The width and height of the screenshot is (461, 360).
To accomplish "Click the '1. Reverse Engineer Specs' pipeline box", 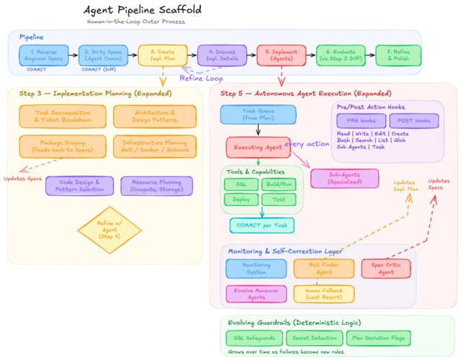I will click(x=44, y=55).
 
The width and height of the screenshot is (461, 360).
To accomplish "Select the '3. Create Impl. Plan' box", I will click(x=162, y=55).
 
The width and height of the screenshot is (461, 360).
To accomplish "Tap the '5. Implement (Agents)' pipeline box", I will click(x=281, y=55).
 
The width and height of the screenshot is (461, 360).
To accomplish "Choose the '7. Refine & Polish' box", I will click(x=398, y=55).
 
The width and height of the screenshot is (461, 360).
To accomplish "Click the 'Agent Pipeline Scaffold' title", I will click(x=142, y=11).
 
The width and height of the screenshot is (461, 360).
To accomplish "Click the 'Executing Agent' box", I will click(x=258, y=147).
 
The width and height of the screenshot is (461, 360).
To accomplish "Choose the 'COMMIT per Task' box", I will click(x=262, y=225).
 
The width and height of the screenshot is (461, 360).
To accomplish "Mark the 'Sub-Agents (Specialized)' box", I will click(x=344, y=179).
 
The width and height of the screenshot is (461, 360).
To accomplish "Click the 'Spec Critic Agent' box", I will click(x=388, y=268).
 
